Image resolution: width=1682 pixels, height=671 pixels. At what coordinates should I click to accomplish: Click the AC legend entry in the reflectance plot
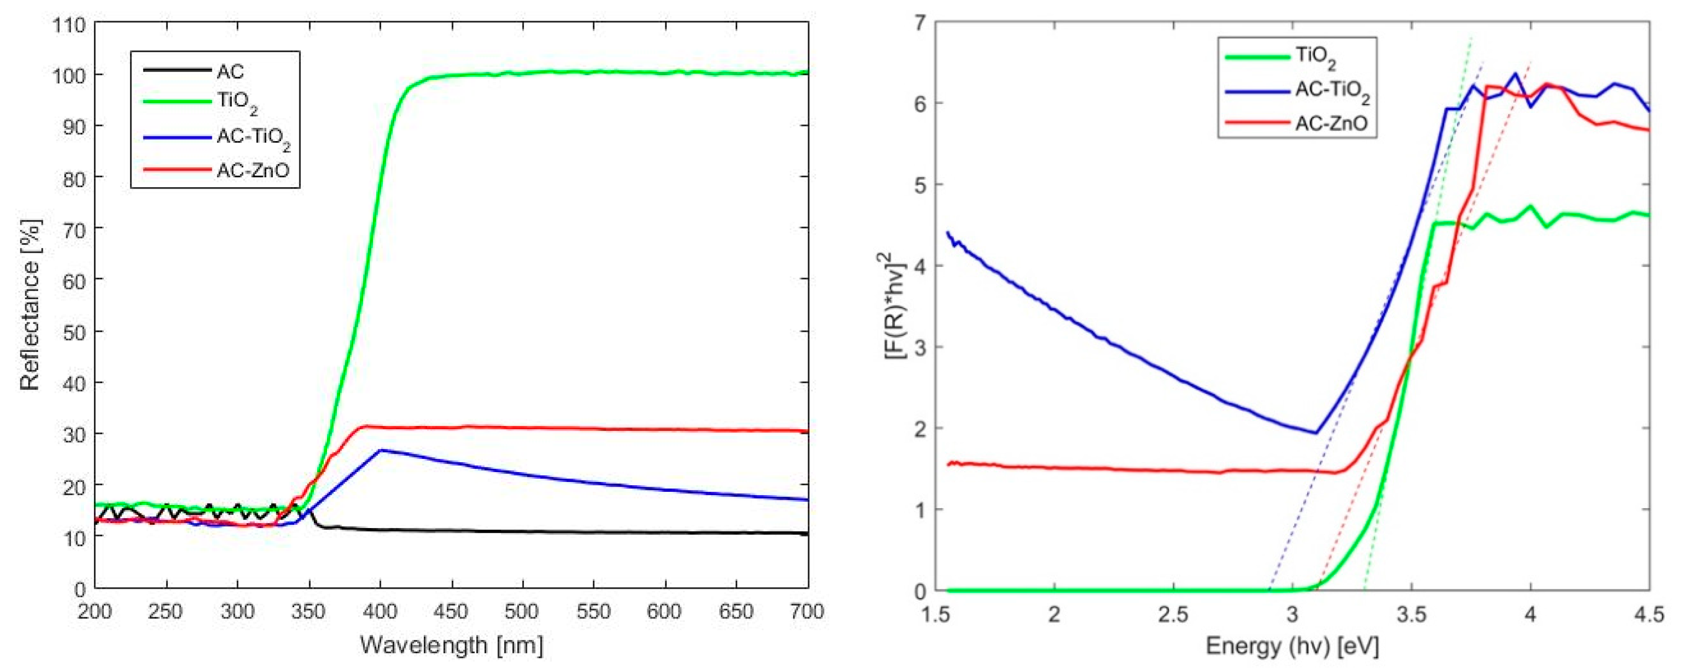[x=230, y=71]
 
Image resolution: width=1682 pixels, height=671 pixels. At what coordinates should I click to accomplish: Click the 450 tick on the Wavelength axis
[x=451, y=612]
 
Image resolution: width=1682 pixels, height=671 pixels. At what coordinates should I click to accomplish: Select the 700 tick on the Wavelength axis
[x=808, y=612]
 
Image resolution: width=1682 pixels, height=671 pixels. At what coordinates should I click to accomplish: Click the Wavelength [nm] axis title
[x=451, y=646]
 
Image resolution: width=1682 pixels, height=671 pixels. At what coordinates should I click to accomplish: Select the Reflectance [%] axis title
[x=30, y=305]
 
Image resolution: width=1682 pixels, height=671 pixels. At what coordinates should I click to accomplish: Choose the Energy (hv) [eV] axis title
[x=1292, y=647]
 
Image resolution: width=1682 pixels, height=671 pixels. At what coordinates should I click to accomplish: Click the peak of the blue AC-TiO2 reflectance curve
[x=381, y=450]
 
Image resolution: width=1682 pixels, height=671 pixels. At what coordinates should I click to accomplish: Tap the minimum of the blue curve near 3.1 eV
[x=1315, y=433]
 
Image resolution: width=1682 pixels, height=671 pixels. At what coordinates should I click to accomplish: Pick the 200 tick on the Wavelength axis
[x=95, y=612]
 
